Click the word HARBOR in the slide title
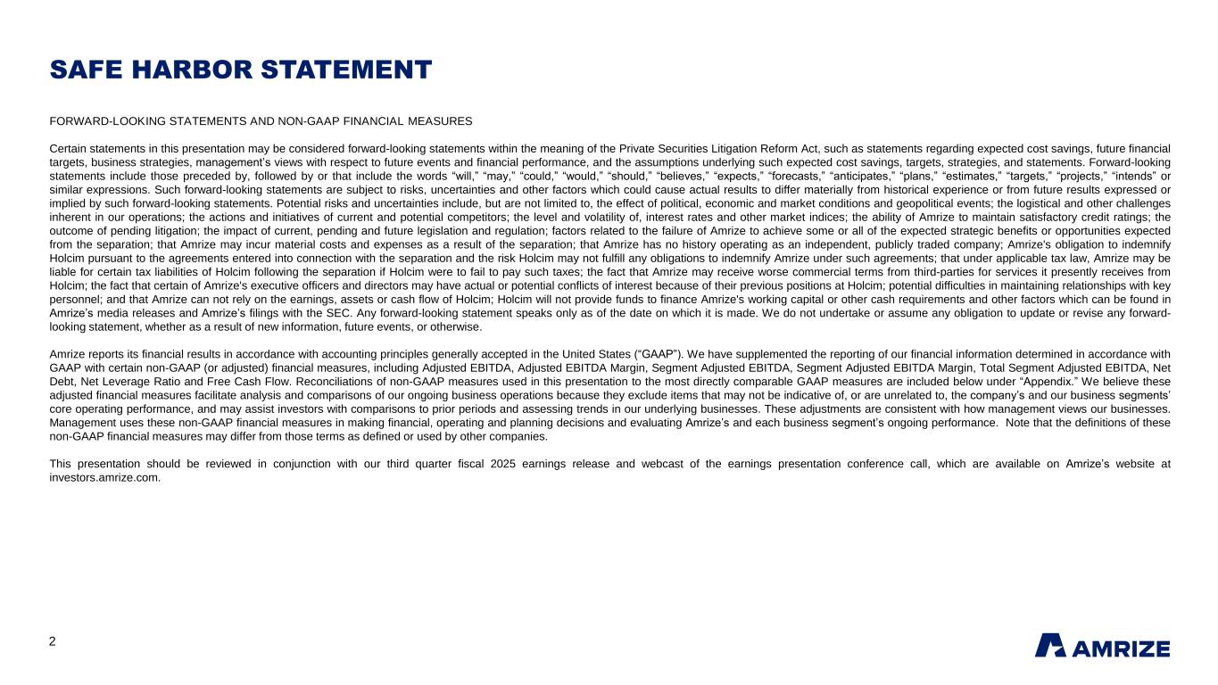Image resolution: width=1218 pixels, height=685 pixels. [x=200, y=70]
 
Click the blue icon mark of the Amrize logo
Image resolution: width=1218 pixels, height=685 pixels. [x=1049, y=645]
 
